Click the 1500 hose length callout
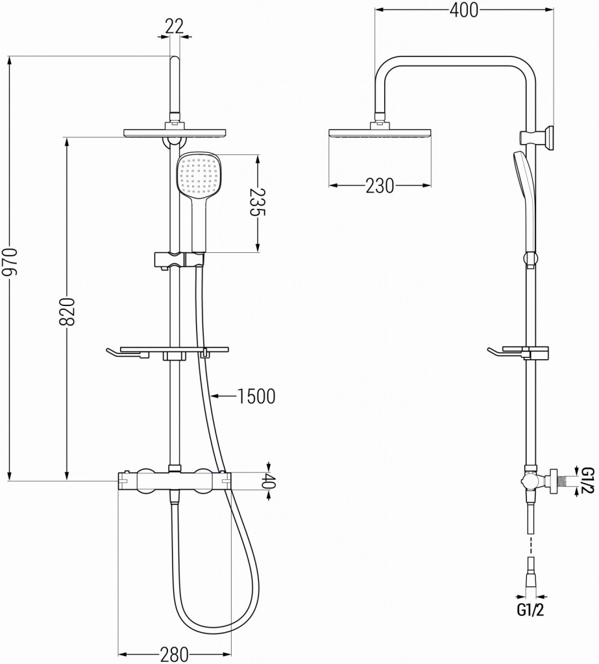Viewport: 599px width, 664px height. [256, 395]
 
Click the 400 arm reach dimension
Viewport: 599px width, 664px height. [463, 10]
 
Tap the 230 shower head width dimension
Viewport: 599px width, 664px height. [379, 185]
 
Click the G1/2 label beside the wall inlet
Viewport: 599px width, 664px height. [587, 480]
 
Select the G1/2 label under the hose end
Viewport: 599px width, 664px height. [530, 610]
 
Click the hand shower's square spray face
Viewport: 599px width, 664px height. [199, 176]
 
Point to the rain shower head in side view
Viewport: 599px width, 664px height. [380, 134]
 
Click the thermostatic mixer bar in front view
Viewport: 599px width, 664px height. [174, 480]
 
